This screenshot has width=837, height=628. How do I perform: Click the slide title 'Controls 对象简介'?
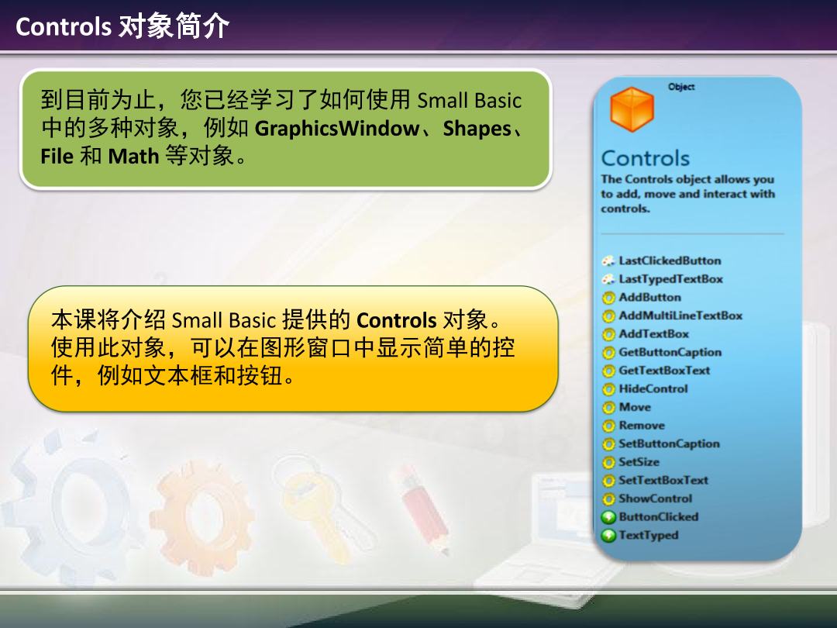122,26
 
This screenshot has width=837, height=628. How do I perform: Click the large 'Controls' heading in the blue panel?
645,158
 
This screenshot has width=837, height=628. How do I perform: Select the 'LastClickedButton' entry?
670,261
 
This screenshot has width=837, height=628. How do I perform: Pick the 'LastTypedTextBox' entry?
670,279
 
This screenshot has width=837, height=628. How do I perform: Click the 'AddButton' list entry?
649,297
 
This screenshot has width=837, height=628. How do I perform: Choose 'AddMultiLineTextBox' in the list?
680,316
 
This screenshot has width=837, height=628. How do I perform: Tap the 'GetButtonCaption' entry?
670,352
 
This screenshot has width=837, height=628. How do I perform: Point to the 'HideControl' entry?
653,388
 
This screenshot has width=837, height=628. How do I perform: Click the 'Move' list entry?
635,407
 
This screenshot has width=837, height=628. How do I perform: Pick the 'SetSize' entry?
639,462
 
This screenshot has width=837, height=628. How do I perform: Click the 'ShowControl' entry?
655,499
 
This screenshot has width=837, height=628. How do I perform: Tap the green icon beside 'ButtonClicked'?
608,517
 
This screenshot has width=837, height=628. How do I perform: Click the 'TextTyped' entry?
648,535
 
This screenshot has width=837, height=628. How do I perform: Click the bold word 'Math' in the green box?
133,156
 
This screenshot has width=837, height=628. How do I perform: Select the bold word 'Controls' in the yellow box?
397,320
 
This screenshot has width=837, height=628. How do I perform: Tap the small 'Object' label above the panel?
681,87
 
